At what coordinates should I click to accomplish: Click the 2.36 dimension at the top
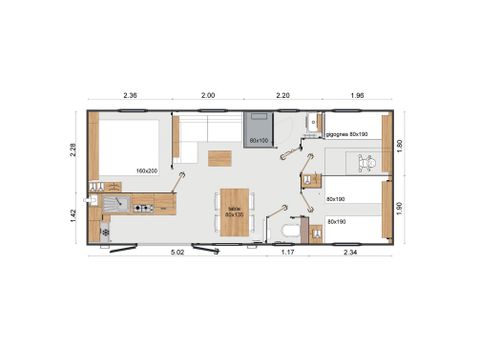[x=131, y=94]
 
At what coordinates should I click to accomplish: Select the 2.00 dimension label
[x=208, y=94]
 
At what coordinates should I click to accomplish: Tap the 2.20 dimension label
[x=283, y=94]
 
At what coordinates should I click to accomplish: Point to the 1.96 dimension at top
[x=357, y=94]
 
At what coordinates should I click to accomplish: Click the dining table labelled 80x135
[x=234, y=211]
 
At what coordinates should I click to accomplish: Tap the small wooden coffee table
[x=219, y=157]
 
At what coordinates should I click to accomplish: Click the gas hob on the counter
[x=142, y=208]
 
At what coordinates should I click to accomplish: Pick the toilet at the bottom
[x=291, y=232]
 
